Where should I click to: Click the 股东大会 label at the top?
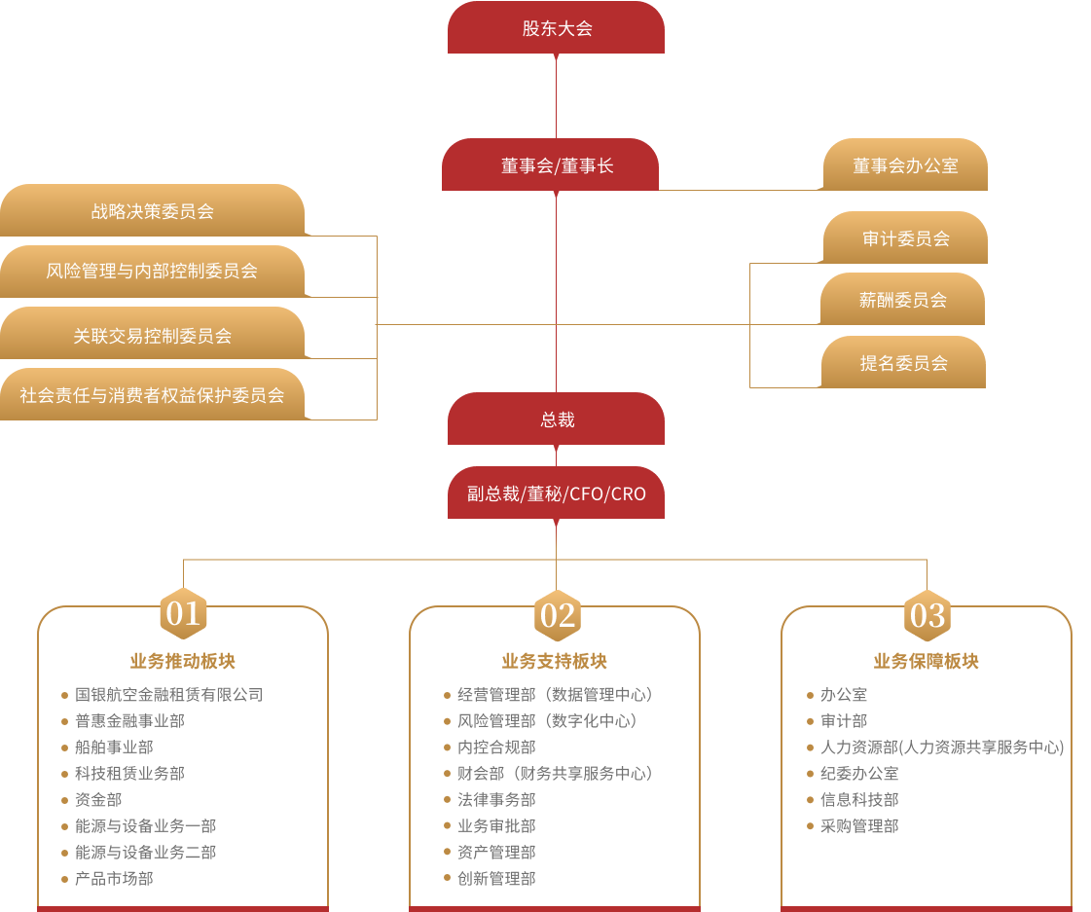click(x=557, y=28)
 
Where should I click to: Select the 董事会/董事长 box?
click(x=557, y=166)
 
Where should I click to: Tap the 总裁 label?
click(x=558, y=420)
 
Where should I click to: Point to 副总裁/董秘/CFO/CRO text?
click(x=556, y=494)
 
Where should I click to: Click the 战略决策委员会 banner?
click(x=152, y=211)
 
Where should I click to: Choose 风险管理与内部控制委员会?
click(x=152, y=271)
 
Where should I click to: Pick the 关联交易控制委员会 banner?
click(x=152, y=336)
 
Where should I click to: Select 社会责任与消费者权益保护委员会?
click(x=152, y=395)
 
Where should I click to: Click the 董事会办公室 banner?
click(x=905, y=166)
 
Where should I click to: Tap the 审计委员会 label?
click(x=905, y=238)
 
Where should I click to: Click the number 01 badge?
click(x=183, y=613)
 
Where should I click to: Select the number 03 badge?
click(x=927, y=614)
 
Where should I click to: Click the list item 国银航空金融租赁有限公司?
click(x=168, y=695)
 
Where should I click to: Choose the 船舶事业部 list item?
click(x=114, y=748)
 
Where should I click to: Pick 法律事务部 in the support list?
click(x=496, y=800)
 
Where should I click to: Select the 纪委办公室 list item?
click(x=859, y=774)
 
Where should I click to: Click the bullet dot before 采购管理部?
click(x=811, y=826)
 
